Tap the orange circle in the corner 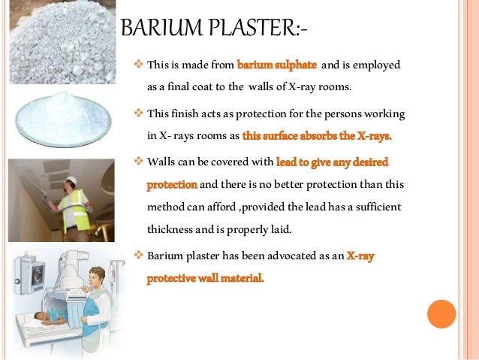coord(441,314)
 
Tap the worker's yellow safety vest coord(77,206)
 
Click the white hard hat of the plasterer coord(70,180)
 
